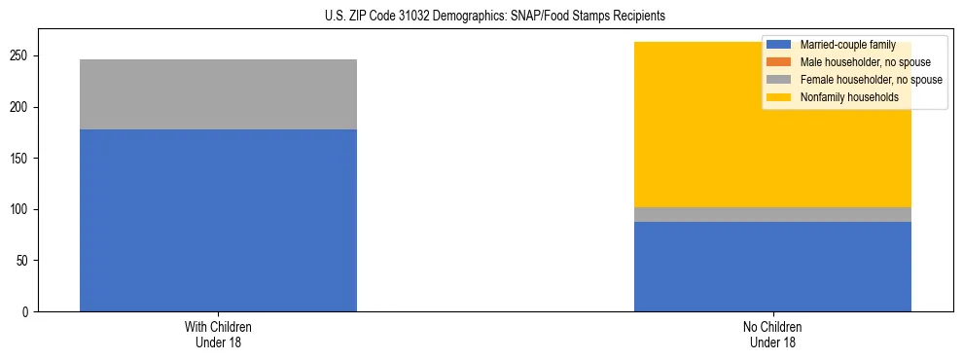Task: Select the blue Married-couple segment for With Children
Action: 218,220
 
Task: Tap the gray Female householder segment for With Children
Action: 218,94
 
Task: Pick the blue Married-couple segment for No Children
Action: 772,267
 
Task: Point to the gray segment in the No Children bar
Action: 772,215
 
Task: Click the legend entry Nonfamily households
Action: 841,97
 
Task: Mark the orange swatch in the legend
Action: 779,62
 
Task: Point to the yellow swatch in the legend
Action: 779,97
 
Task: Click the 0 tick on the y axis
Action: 28,312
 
